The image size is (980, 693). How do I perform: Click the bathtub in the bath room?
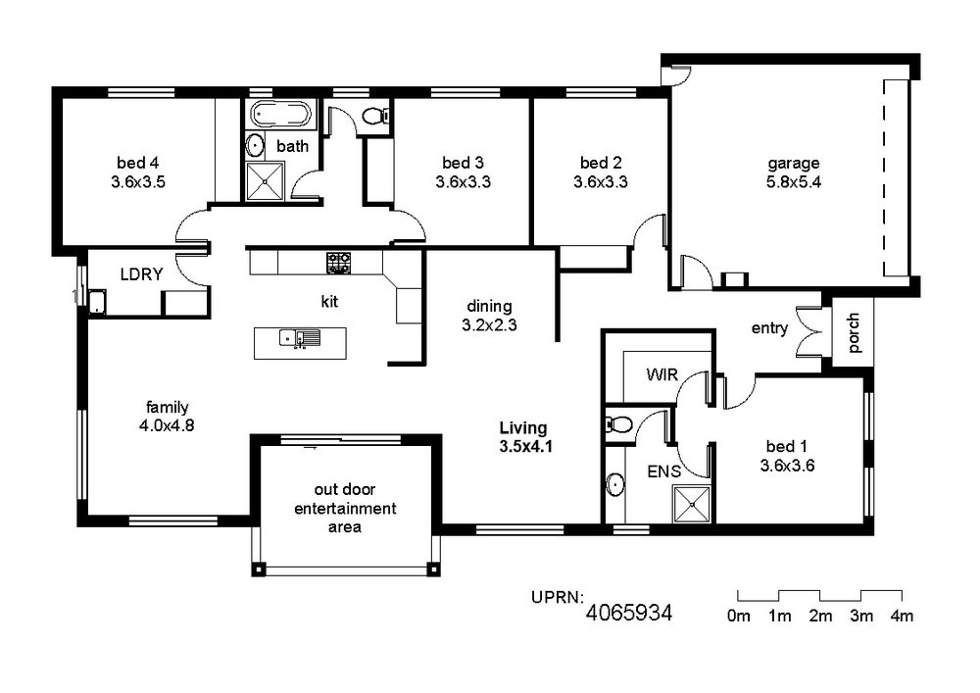(280, 115)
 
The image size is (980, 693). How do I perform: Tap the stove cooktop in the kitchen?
(338, 263)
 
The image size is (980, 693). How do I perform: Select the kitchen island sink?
(299, 338)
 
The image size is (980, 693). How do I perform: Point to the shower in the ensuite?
(691, 504)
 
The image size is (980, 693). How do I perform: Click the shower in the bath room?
(265, 181)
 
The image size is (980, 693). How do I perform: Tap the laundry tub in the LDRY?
(97, 301)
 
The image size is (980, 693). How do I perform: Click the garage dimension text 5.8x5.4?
(793, 182)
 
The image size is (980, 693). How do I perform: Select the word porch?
(854, 333)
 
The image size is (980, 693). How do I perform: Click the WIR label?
(661, 374)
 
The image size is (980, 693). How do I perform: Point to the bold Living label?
(523, 428)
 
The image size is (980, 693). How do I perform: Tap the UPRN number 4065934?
(629, 613)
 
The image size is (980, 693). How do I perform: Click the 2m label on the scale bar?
(820, 617)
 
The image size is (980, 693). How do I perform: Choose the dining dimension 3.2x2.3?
(489, 325)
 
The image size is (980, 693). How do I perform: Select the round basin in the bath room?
(255, 146)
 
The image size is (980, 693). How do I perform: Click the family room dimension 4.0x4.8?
(167, 425)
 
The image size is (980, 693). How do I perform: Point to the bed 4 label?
(137, 163)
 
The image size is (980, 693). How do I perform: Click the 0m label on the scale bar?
(738, 617)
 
